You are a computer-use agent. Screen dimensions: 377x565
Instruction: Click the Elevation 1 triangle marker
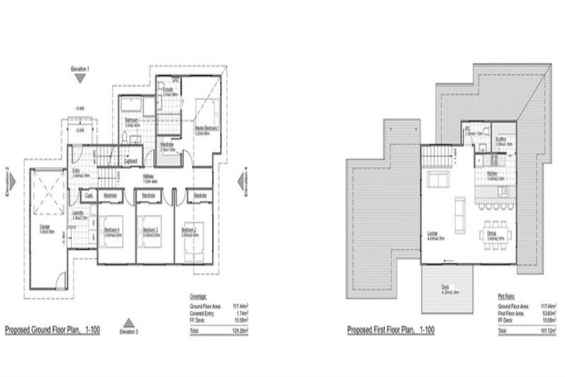81,76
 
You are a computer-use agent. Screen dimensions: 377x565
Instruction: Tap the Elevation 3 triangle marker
128,322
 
